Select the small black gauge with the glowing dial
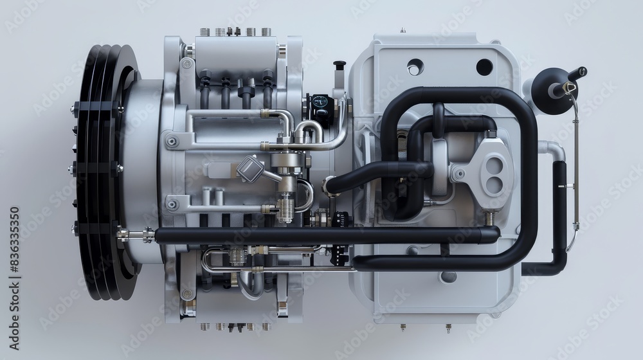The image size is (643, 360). click(x=320, y=105)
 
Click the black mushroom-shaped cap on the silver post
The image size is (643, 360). click(x=339, y=65)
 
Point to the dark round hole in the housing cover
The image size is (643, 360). click(x=484, y=67)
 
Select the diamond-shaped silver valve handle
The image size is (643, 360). click(x=250, y=168)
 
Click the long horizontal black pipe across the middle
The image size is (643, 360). click(x=321, y=235)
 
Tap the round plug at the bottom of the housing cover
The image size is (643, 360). click(x=448, y=276)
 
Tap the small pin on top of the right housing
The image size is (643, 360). click(x=402, y=30)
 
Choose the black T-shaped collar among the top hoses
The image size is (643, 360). click(x=246, y=94)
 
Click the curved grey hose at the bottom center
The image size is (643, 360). click(x=251, y=286)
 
